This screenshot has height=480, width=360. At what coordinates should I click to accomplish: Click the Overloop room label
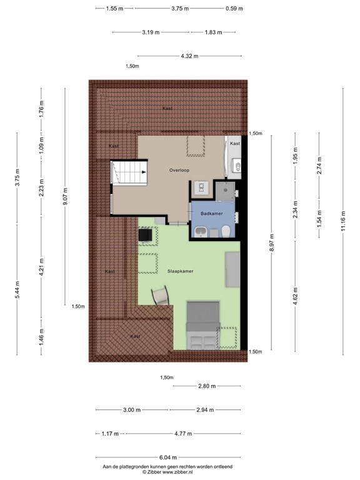pos(179,170)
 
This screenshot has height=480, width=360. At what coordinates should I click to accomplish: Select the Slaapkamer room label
pos(179,272)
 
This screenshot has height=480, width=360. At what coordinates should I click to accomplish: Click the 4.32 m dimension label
pos(189,56)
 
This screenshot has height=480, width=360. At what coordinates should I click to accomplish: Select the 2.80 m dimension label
pos(207,386)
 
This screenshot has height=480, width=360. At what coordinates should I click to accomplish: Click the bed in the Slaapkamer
pos(202,324)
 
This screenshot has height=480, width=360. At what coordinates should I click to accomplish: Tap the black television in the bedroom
pos(145,234)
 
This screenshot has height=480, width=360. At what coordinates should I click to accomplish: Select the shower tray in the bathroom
pos(224,189)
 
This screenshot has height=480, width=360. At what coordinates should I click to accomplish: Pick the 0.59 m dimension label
pos(234,9)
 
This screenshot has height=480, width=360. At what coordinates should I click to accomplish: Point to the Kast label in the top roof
pos(167,108)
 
